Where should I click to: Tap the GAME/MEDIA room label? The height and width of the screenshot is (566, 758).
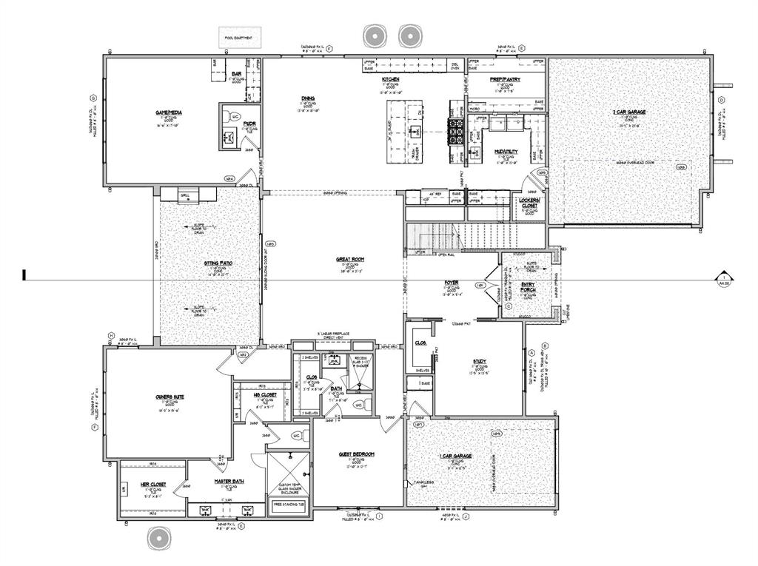click(169, 112)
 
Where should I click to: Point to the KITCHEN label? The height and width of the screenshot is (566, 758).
click(391, 79)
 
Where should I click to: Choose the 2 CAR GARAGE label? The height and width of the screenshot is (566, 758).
click(629, 112)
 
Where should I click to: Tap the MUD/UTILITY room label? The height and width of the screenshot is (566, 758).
click(506, 152)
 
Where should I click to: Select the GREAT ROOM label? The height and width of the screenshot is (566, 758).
click(348, 259)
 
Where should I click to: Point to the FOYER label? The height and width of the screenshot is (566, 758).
click(452, 283)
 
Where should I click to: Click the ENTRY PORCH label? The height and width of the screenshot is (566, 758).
click(529, 287)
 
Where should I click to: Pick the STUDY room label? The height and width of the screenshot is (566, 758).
click(479, 362)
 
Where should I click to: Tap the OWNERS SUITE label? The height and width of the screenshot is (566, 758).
click(170, 397)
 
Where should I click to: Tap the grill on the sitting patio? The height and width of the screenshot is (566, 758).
click(186, 196)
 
